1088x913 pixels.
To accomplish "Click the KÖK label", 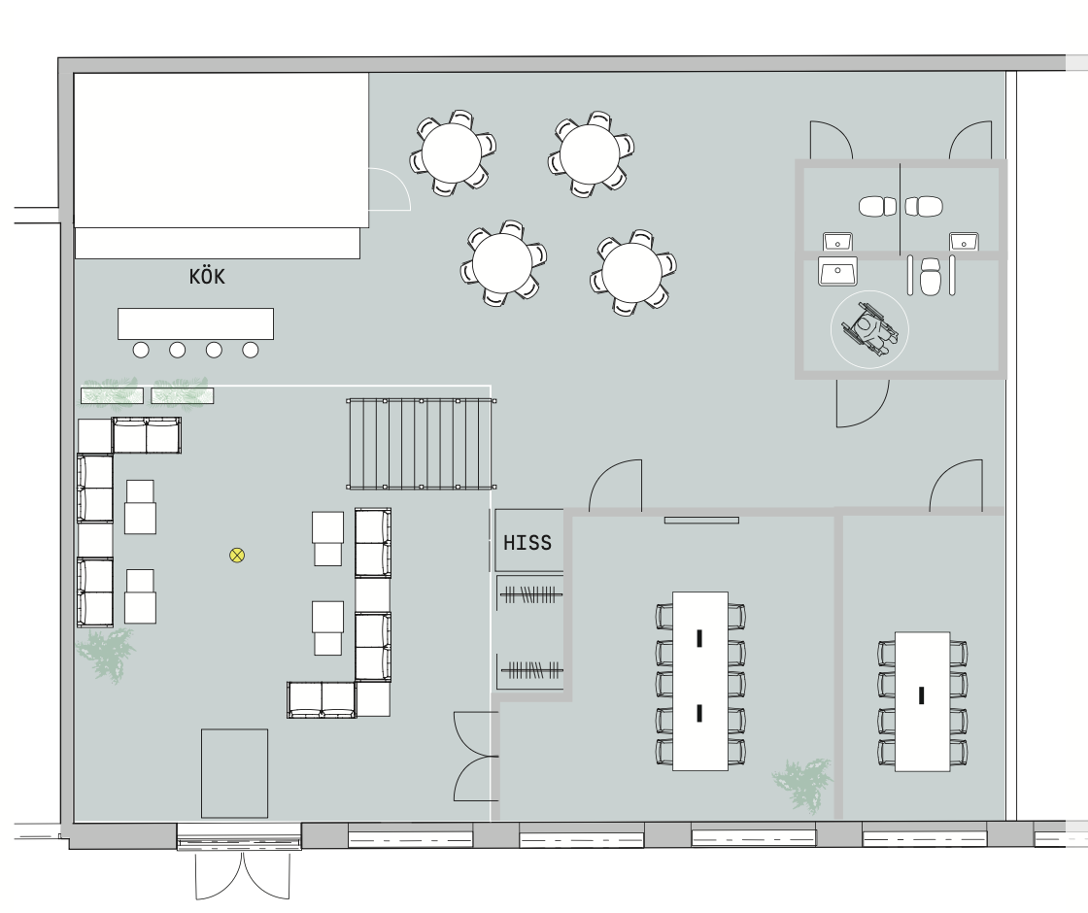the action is click(x=207, y=276).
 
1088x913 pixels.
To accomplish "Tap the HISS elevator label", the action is click(x=527, y=543).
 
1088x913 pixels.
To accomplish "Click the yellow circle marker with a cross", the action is click(x=237, y=555).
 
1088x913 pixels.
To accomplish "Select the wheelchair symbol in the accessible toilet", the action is click(x=870, y=329).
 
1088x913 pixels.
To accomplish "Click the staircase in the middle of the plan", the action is click(x=422, y=443).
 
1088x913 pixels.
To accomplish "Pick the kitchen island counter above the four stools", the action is click(x=195, y=324).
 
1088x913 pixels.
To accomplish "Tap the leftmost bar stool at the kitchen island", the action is click(x=141, y=351).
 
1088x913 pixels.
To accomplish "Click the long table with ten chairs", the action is click(x=700, y=681).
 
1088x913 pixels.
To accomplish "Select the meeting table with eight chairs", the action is click(x=922, y=701).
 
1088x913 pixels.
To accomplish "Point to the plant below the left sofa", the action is click(x=106, y=655).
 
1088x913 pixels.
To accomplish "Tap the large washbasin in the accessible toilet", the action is click(x=837, y=271).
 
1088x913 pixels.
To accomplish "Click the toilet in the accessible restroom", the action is click(x=930, y=276).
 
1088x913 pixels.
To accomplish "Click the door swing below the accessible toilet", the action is click(x=863, y=403).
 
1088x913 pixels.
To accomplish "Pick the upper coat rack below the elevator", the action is click(x=530, y=594).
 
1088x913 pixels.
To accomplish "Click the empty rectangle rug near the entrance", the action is click(x=234, y=773).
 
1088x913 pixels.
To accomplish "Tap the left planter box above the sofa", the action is click(x=113, y=395).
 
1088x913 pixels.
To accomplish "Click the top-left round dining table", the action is click(x=451, y=152).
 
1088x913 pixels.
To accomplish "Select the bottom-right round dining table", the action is click(x=632, y=272).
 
